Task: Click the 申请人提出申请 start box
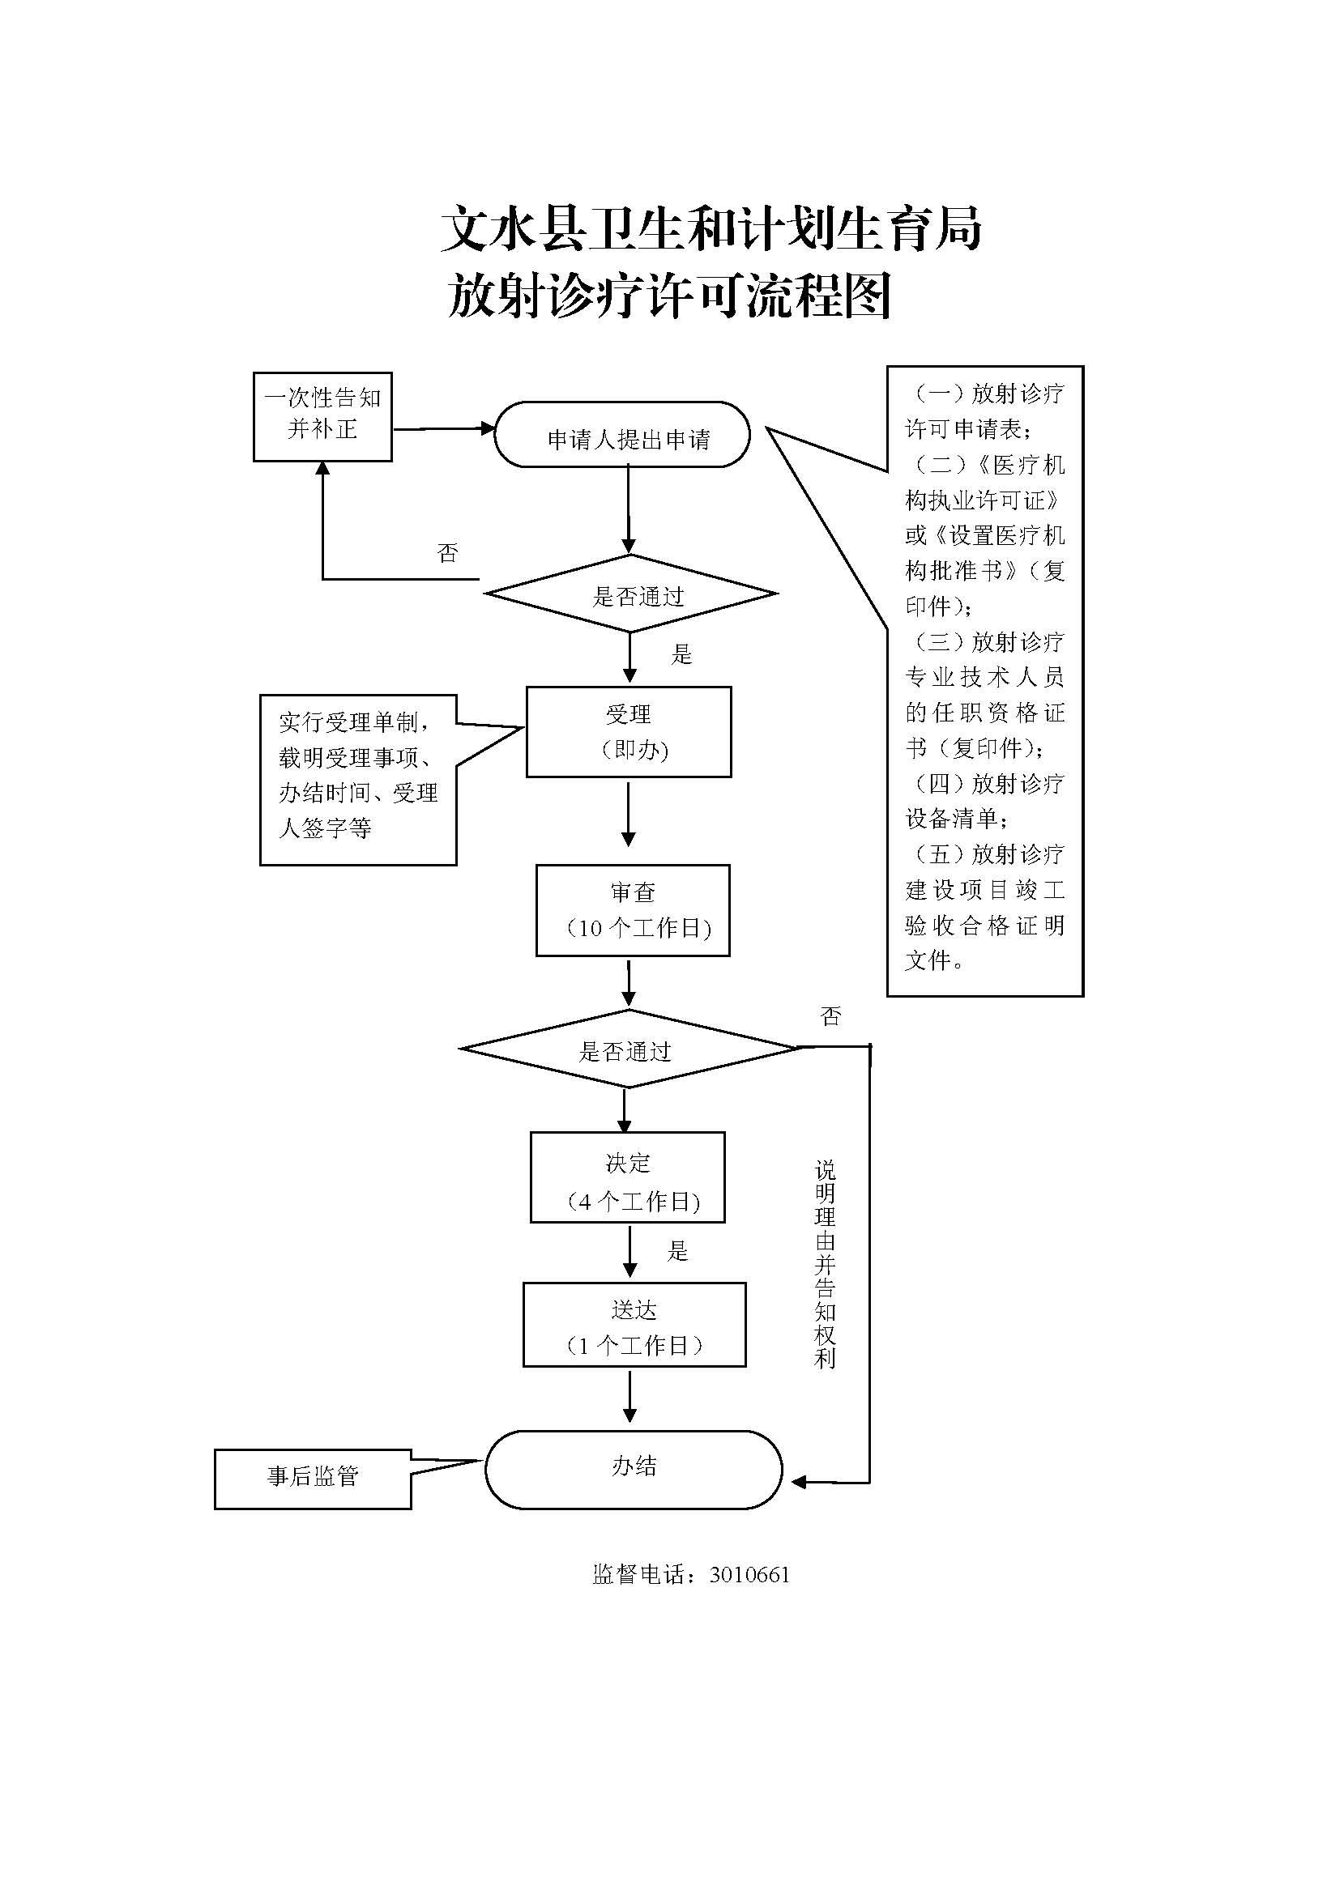tap(622, 435)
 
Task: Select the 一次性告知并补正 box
tap(322, 416)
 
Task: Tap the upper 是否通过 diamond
tap(631, 594)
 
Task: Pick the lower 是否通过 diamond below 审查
tap(628, 1049)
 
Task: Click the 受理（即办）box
tap(629, 732)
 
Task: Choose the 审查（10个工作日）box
tap(633, 910)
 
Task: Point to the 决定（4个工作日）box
tap(628, 1177)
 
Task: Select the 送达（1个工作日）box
tap(634, 1325)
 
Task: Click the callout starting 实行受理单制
tap(358, 780)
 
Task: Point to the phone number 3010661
tap(749, 1575)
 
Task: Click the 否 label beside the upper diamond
tap(447, 553)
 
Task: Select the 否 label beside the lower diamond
tap(830, 1016)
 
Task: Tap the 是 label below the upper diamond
tap(681, 655)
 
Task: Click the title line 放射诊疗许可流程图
tap(669, 296)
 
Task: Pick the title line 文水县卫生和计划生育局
tap(711, 228)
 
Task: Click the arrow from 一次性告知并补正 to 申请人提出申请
tap(442, 429)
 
